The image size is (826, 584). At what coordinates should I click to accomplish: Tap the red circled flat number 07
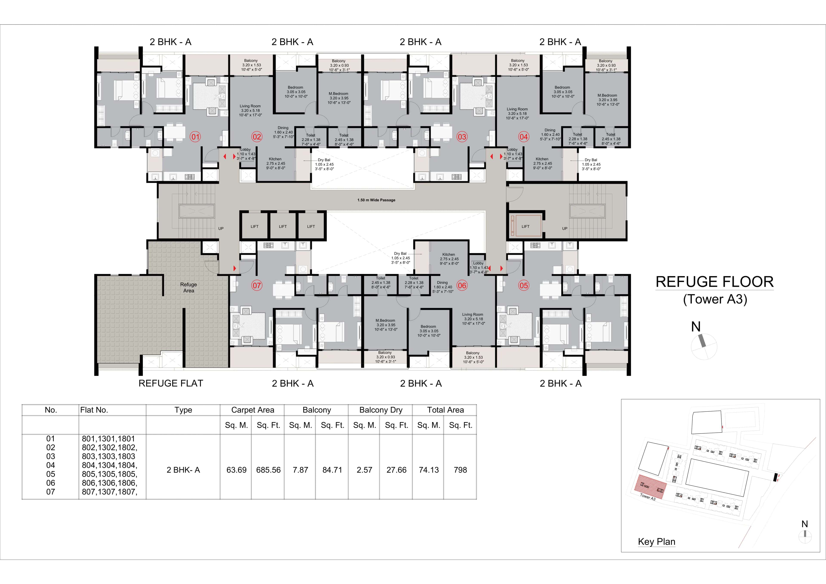pyautogui.click(x=256, y=286)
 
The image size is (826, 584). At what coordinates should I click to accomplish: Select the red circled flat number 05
pyautogui.click(x=523, y=286)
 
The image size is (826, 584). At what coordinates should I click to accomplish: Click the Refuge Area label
pyautogui.click(x=188, y=287)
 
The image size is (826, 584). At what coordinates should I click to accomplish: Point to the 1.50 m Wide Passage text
pyautogui.click(x=376, y=200)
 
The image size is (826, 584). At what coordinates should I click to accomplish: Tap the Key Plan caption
pyautogui.click(x=656, y=542)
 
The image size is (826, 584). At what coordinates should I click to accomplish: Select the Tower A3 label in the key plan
pyautogui.click(x=647, y=497)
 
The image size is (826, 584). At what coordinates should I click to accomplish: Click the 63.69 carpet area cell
pyautogui.click(x=236, y=470)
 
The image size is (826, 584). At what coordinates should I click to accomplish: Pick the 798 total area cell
pyautogui.click(x=460, y=470)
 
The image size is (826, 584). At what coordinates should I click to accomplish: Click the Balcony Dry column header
pyautogui.click(x=381, y=410)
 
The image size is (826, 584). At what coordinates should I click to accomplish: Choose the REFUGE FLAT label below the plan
pyautogui.click(x=171, y=384)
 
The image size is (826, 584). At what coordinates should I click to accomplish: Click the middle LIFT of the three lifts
pyautogui.click(x=283, y=227)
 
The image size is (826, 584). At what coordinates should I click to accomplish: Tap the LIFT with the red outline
pyautogui.click(x=525, y=227)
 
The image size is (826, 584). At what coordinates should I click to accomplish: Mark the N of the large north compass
pyautogui.click(x=696, y=327)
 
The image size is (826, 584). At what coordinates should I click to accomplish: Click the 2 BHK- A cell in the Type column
pyautogui.click(x=183, y=470)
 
